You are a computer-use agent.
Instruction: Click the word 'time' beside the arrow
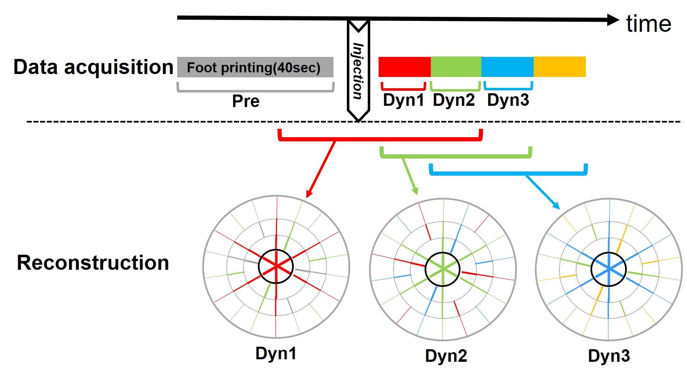[649, 24]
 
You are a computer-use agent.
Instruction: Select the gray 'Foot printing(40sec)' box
[255, 67]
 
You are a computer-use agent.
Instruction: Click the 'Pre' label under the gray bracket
[246, 101]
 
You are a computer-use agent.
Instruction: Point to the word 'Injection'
[358, 71]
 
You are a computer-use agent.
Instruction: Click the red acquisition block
[404, 67]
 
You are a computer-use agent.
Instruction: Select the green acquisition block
[456, 67]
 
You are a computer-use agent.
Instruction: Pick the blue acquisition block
[507, 67]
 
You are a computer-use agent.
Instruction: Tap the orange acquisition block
[560, 67]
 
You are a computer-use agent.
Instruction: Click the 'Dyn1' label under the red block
[403, 100]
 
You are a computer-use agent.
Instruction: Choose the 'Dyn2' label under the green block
[454, 100]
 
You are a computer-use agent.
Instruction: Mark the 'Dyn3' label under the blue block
[508, 100]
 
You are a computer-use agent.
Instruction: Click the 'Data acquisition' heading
[93, 67]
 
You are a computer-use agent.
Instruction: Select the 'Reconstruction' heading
[93, 263]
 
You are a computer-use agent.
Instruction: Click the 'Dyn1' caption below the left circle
[276, 353]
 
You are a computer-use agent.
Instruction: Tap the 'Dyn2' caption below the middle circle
[446, 356]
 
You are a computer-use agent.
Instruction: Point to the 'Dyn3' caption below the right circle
[609, 356]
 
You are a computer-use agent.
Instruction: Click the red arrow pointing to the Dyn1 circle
[321, 169]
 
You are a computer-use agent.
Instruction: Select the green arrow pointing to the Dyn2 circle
[410, 176]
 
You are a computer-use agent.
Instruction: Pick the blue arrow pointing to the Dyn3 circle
[542, 192]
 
